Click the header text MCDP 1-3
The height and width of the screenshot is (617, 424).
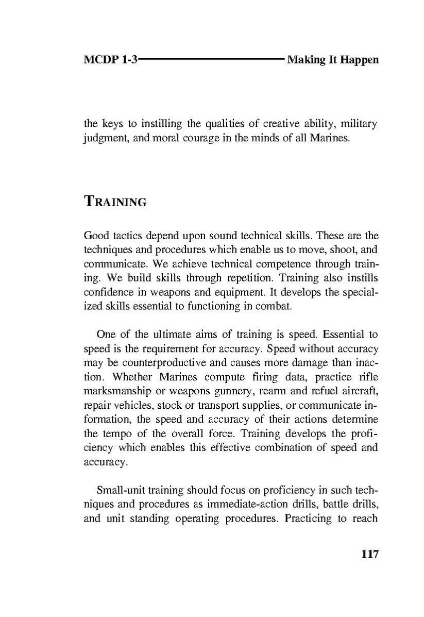click(x=110, y=60)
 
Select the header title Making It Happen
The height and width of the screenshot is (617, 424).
click(x=333, y=60)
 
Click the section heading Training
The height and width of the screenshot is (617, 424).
click(x=115, y=202)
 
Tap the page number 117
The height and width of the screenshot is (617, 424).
click(x=370, y=555)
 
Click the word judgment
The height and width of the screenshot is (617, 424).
click(x=106, y=139)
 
